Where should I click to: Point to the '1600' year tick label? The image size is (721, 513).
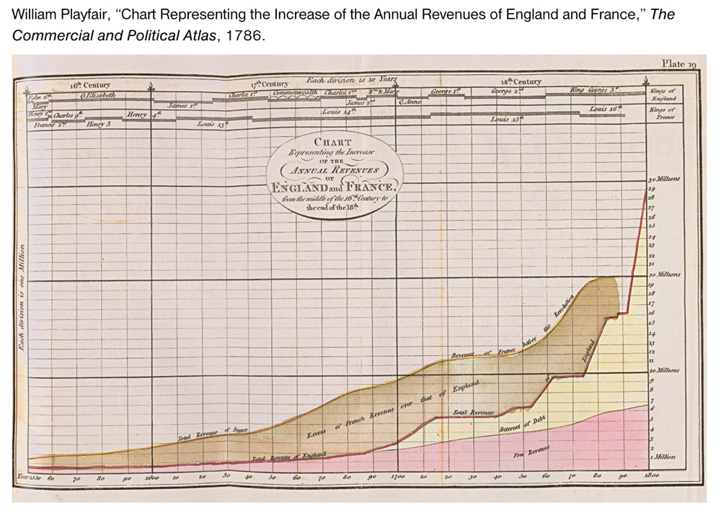click(x=151, y=477)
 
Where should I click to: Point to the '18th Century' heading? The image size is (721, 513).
click(x=520, y=82)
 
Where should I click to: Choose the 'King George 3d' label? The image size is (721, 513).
click(x=594, y=90)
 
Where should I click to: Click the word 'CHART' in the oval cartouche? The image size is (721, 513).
click(x=332, y=142)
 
